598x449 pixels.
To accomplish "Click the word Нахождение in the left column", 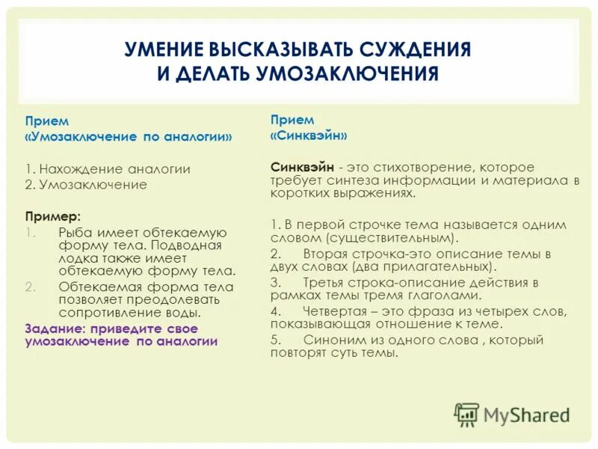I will [81, 169].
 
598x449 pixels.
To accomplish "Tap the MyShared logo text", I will [526, 414].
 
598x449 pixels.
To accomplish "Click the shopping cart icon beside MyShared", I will [467, 414].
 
